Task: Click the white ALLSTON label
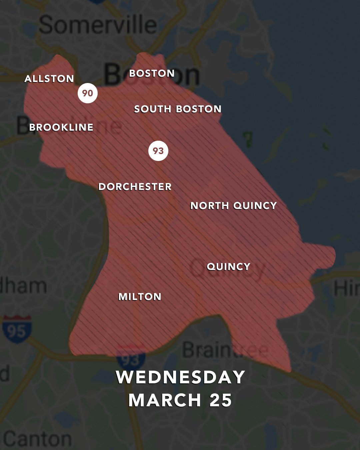49,79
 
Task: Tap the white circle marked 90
88,93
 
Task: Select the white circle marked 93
158,151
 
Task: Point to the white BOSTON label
152,73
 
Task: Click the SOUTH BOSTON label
178,109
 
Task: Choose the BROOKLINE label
61,127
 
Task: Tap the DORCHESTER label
135,187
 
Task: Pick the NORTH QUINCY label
233,206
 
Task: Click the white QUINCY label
228,267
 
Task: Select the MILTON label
140,297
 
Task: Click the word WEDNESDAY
180,377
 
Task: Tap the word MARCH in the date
165,400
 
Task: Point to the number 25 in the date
221,400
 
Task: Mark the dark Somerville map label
97,25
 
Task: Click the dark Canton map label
37,439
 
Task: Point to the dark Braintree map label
225,350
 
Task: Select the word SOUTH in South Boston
152,109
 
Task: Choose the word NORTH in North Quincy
209,206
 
